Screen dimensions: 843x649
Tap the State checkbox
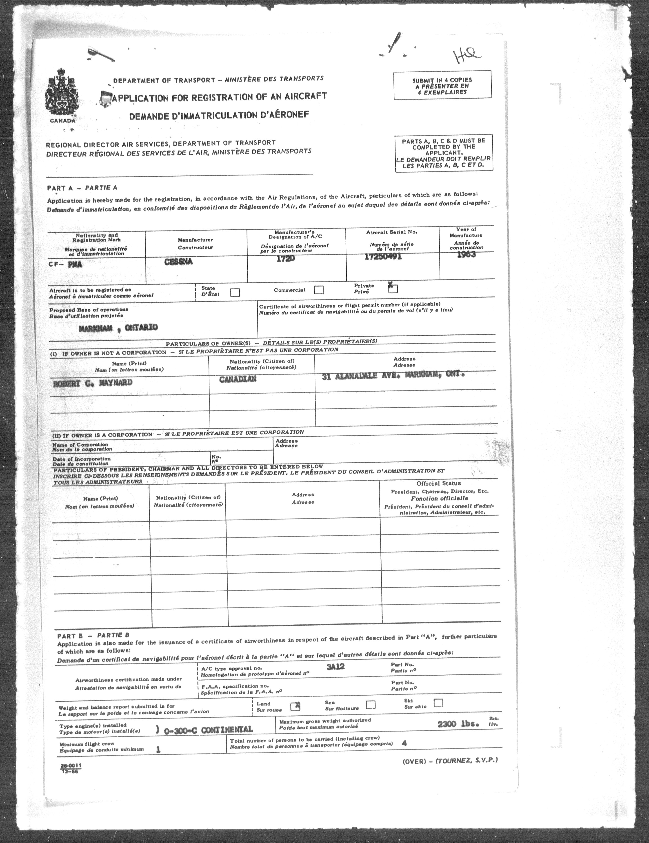point(235,293)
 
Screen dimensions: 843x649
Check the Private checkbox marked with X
point(393,288)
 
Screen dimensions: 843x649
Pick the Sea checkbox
point(370,705)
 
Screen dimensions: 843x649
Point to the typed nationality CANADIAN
point(238,379)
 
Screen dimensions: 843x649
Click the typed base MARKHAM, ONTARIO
point(118,328)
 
